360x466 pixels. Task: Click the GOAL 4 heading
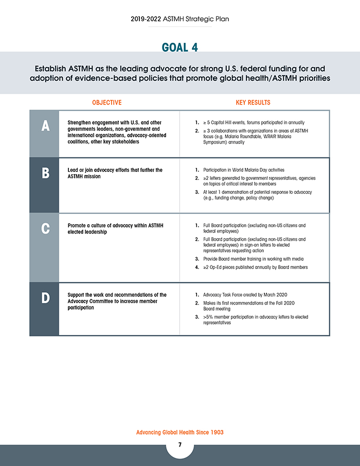click(x=179, y=47)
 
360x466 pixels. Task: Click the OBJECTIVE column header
click(x=107, y=102)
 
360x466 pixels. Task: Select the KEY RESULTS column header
click(x=253, y=102)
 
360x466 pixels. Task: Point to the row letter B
click(x=45, y=173)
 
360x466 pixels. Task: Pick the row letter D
click(x=45, y=298)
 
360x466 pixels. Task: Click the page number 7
click(x=180, y=445)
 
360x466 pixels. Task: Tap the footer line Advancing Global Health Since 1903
click(x=180, y=433)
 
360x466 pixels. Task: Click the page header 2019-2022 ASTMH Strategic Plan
click(x=180, y=19)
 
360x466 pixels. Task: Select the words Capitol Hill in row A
click(x=222, y=123)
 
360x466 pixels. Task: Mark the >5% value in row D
click(x=209, y=317)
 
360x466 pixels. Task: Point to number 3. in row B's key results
click(x=197, y=192)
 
